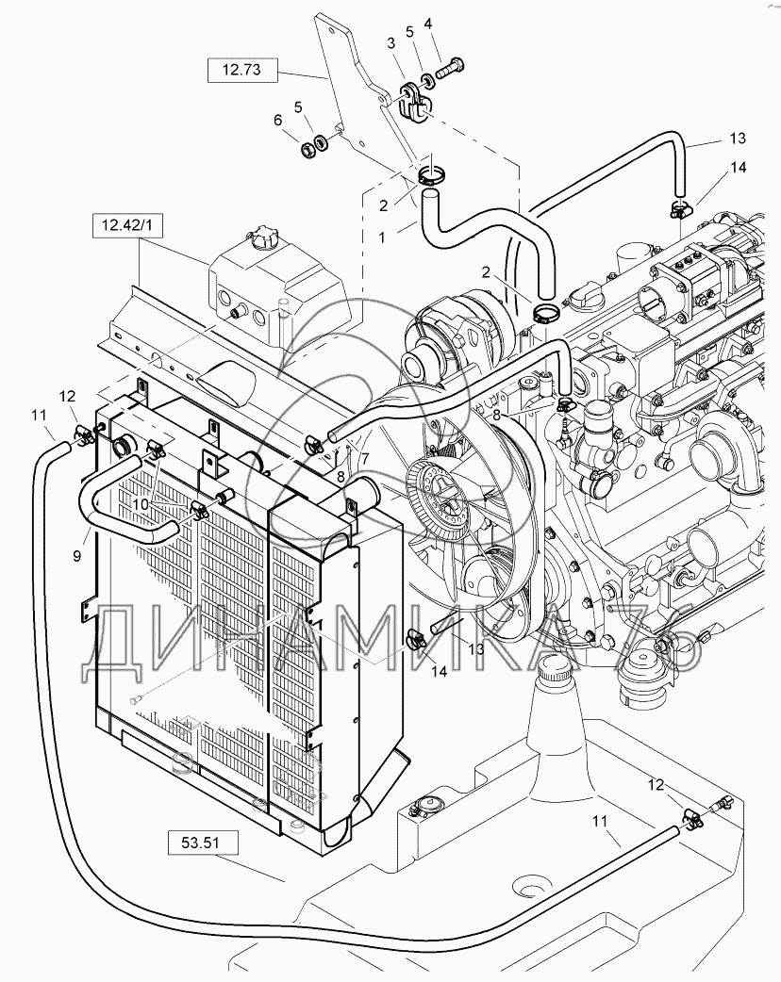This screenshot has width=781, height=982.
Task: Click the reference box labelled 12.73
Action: tap(242, 70)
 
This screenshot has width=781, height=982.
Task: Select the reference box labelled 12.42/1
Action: tap(128, 225)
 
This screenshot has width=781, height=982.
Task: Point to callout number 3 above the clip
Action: tap(391, 43)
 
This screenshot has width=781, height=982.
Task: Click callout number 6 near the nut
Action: tap(278, 120)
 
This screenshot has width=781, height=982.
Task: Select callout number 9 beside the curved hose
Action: tap(77, 555)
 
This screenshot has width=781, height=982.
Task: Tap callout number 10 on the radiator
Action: tap(141, 504)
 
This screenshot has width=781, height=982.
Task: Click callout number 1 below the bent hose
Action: tap(383, 237)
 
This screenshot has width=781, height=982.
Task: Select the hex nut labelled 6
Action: tap(308, 150)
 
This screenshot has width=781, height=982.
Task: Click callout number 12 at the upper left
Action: tap(68, 397)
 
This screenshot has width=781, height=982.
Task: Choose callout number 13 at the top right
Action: tap(738, 138)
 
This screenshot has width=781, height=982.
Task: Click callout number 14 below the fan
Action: tap(439, 671)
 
